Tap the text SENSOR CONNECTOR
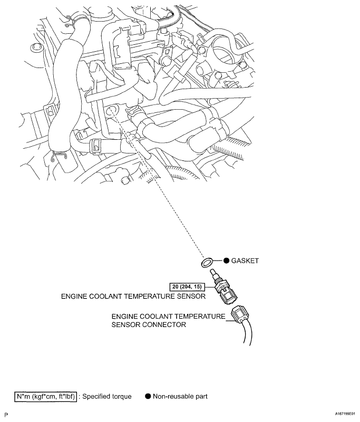tap(149, 325)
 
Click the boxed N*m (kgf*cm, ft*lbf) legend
tap(46, 396)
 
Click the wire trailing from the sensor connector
tap(248, 338)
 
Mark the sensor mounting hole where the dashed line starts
tap(112, 112)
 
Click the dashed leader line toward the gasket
tap(169, 200)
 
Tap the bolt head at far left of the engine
tap(35, 49)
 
